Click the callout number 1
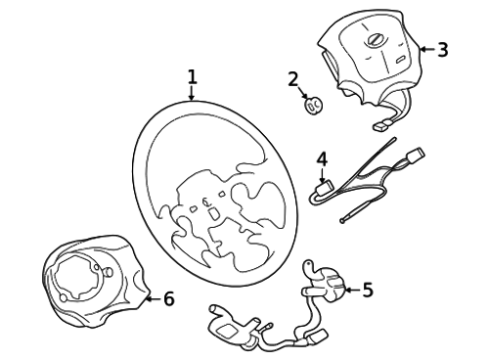tap(193, 76)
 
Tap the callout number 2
tap(293, 79)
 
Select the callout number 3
tap(442, 50)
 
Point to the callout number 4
tap(322, 158)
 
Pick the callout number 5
tap(368, 290)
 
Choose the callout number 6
tap(169, 298)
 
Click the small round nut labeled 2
tap(313, 105)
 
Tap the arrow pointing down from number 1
tap(192, 92)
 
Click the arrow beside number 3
tap(427, 50)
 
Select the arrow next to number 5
tap(353, 290)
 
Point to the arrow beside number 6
tap(153, 298)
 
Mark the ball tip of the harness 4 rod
tap(342, 221)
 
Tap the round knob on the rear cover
tap(109, 271)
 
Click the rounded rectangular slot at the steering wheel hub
tap(214, 213)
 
